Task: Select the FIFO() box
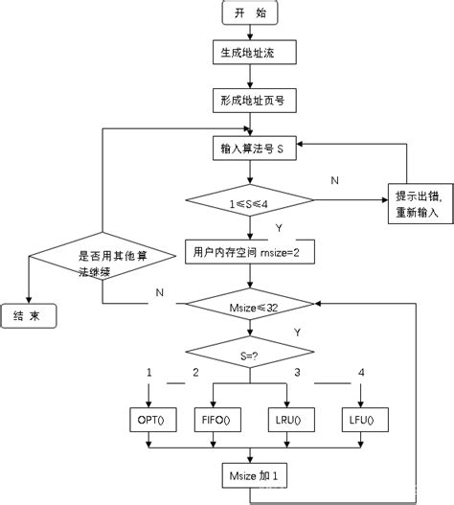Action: pos(221,419)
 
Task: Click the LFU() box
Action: pos(361,419)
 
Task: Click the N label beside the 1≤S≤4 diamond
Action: pos(333,180)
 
